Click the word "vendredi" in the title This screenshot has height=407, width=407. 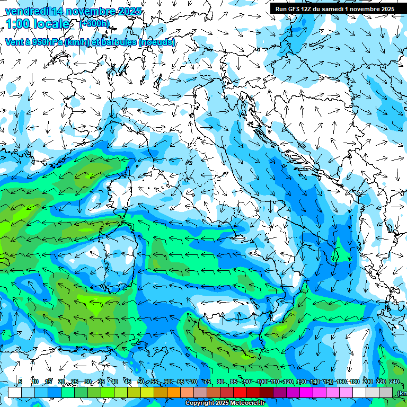coord(24,11)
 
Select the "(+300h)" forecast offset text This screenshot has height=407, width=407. coord(94,23)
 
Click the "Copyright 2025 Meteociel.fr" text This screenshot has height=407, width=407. coord(225,403)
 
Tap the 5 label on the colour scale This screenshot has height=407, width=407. coord(20,382)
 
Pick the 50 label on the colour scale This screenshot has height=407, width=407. coord(140,382)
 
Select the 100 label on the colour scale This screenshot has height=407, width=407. coord(261,382)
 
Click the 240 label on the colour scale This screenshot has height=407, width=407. coord(395,382)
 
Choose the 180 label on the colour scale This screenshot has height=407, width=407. coord(354,382)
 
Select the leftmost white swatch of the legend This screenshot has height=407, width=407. coord(15,392)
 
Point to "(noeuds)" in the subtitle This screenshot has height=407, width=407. coord(157,42)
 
